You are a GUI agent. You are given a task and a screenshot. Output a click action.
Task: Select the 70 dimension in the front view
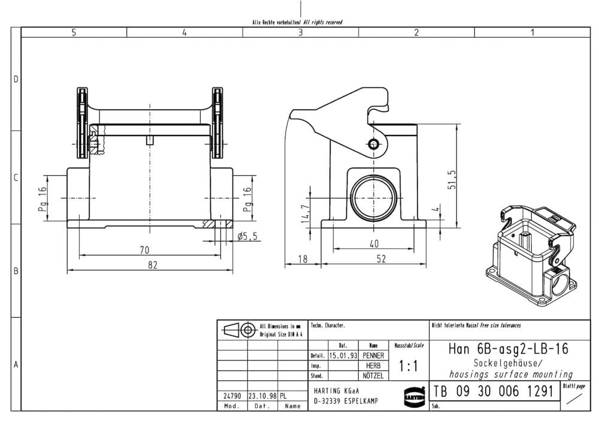pos(144,249)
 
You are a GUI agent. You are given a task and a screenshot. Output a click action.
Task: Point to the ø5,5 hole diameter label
pos(247,236)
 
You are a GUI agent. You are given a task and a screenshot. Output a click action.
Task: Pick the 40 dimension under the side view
pos(374,243)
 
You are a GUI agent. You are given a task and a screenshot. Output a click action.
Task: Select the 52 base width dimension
pos(381,258)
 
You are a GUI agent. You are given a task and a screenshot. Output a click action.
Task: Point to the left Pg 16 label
pos(42,198)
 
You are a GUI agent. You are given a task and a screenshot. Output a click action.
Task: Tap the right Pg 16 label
pos(247,198)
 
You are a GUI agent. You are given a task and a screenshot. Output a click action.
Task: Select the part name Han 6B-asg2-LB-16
pos(508,348)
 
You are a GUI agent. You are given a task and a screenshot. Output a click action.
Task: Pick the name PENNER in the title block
pos(373,356)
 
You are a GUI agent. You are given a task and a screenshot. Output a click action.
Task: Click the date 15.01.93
pos(343,356)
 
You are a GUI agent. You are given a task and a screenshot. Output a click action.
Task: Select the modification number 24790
pos(232,396)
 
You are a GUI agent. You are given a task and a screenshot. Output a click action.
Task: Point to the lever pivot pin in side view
pos(374,144)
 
